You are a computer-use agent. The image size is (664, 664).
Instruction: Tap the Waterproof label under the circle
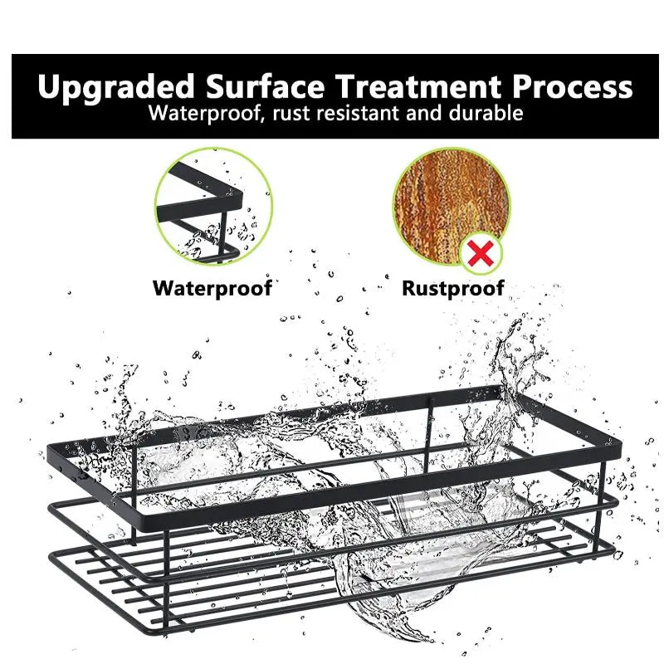(212, 288)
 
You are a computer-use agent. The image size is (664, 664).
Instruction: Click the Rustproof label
(453, 288)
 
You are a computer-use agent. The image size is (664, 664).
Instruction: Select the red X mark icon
(479, 253)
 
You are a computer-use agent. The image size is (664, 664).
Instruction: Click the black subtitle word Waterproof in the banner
(202, 113)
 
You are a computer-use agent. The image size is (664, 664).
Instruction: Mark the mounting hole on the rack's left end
(84, 480)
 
